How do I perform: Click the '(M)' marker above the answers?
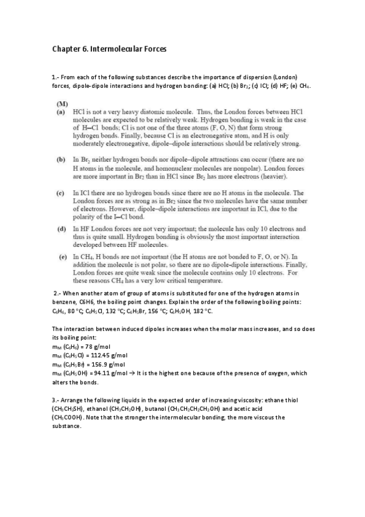[x=62, y=104]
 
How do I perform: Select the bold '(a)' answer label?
[x=62, y=113]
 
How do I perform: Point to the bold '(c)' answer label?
[x=62, y=193]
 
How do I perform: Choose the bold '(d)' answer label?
[x=62, y=229]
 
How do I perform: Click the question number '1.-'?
[x=57, y=77]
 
